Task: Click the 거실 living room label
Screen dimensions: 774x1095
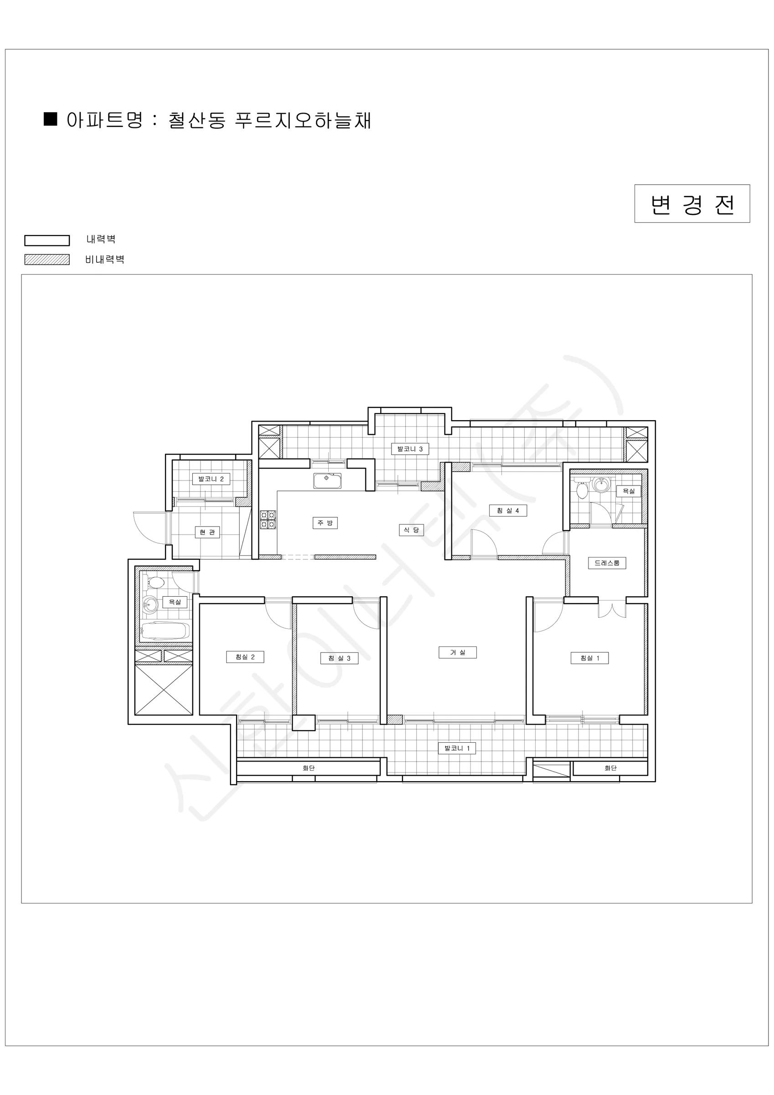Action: [x=458, y=652]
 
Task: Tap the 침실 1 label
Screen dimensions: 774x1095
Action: [x=589, y=658]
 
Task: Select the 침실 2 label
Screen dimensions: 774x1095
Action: [x=245, y=657]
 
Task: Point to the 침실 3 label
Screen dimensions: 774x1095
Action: [x=339, y=659]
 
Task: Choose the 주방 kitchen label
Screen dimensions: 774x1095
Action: [x=325, y=523]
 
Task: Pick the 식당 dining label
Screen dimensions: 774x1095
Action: [x=411, y=530]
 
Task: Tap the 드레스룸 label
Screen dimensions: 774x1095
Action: [x=607, y=563]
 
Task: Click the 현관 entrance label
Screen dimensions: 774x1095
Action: [x=207, y=532]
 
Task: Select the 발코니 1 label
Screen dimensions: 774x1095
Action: [x=457, y=748]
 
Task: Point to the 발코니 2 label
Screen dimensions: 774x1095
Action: [x=211, y=479]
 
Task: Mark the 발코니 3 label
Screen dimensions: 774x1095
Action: [x=410, y=449]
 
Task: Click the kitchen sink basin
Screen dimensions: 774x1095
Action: [x=327, y=481]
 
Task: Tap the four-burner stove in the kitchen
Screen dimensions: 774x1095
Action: [x=268, y=519]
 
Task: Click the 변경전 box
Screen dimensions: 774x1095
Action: [x=692, y=203]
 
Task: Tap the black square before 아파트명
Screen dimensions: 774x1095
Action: [x=51, y=119]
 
